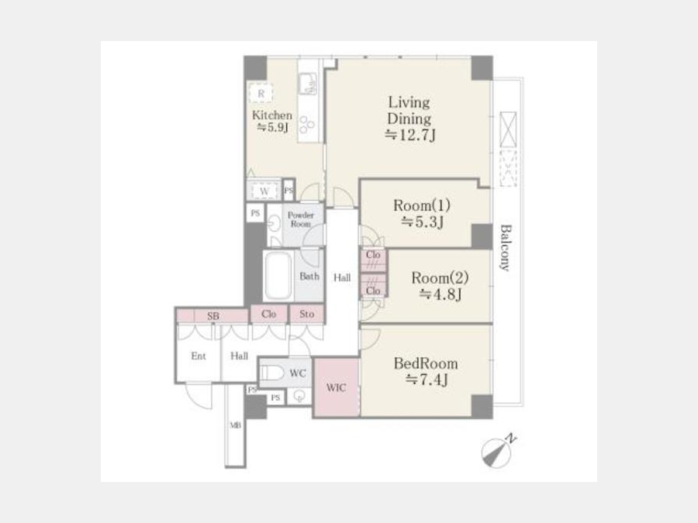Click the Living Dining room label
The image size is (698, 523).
tap(409, 119)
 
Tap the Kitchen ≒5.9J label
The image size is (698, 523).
tap(272, 121)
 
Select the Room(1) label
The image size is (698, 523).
tap(422, 213)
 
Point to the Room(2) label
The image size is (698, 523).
tap(440, 285)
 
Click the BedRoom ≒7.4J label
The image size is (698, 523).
tap(426, 371)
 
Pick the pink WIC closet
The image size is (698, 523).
tap(337, 387)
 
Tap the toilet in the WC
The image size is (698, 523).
tap(272, 373)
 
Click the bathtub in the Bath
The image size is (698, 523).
tap(278, 276)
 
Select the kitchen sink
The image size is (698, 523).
tap(308, 83)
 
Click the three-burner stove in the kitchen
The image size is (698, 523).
tap(307, 125)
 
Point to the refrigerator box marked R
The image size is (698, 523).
tap(261, 94)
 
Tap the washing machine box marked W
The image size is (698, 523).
tap(264, 191)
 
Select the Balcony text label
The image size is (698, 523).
tap(505, 248)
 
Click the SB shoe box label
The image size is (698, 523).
tap(213, 316)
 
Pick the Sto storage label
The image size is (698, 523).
tap(306, 314)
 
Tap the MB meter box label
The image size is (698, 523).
tap(236, 425)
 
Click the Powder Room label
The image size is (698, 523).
tap(301, 219)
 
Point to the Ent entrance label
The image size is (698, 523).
tap(199, 356)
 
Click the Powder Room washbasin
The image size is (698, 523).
tap(275, 223)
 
